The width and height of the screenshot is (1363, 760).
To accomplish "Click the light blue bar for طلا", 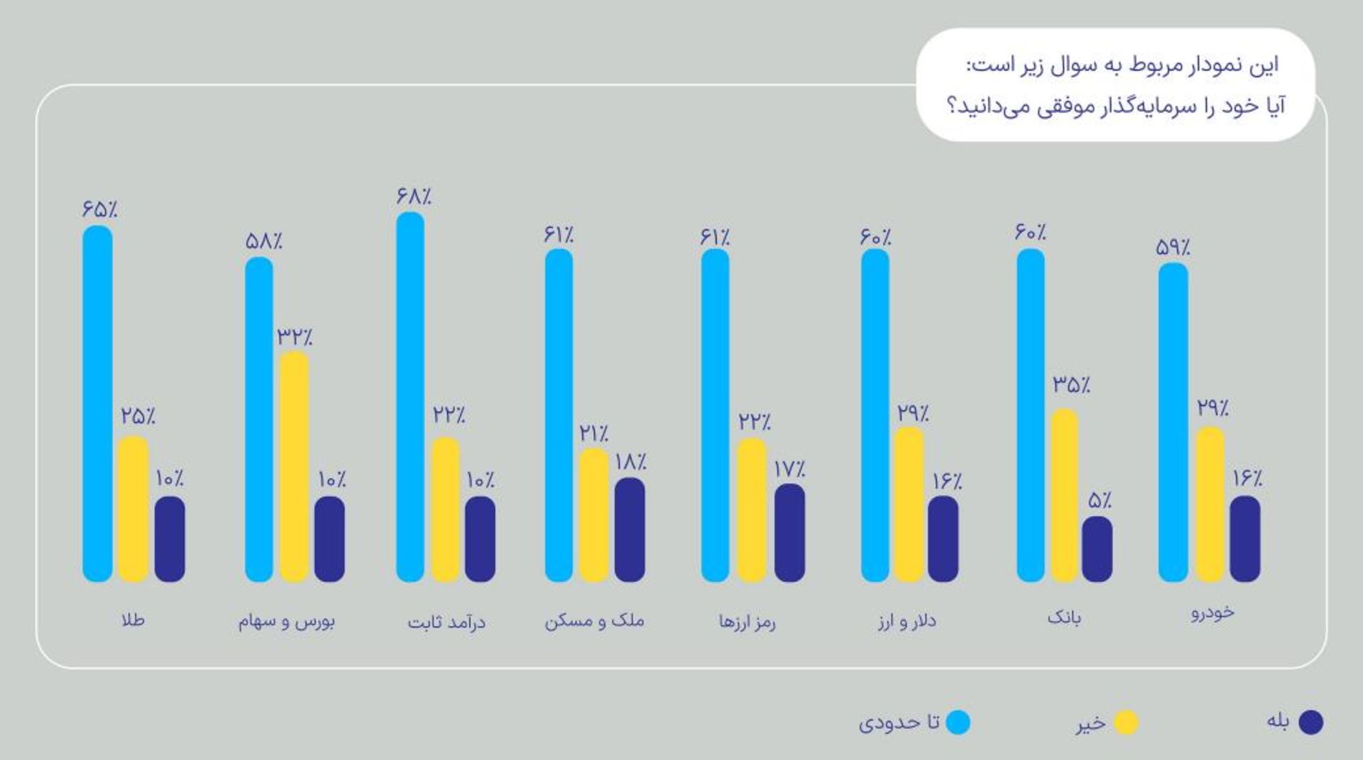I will coord(97,404).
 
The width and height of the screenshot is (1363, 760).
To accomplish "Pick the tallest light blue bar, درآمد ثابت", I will coord(410,397).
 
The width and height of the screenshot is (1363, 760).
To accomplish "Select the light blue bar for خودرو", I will coord(1173,422).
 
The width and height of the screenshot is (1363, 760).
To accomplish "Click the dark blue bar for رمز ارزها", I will coord(789,533).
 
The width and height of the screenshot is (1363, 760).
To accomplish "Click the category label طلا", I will coord(133,620).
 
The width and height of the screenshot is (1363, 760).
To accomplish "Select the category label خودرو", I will coord(1213,612).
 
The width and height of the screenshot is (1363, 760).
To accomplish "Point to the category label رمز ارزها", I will coord(747,622).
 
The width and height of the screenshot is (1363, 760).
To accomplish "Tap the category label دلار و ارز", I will coord(907,622).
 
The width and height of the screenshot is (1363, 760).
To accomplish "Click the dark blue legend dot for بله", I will coord(1310,722).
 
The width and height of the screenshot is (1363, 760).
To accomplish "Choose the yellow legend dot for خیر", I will coord(1125,723).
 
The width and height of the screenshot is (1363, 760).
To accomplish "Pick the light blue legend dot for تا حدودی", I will coord(958,722).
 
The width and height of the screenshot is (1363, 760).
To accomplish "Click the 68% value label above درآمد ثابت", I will coord(414,196).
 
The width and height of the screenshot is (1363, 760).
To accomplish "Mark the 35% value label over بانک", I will coord(1071,385).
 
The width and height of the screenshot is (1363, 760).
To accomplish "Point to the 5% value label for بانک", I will coord(1100,500).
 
